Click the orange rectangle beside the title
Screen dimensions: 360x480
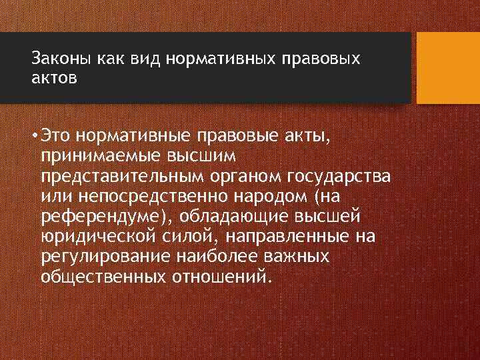click(x=447, y=68)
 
